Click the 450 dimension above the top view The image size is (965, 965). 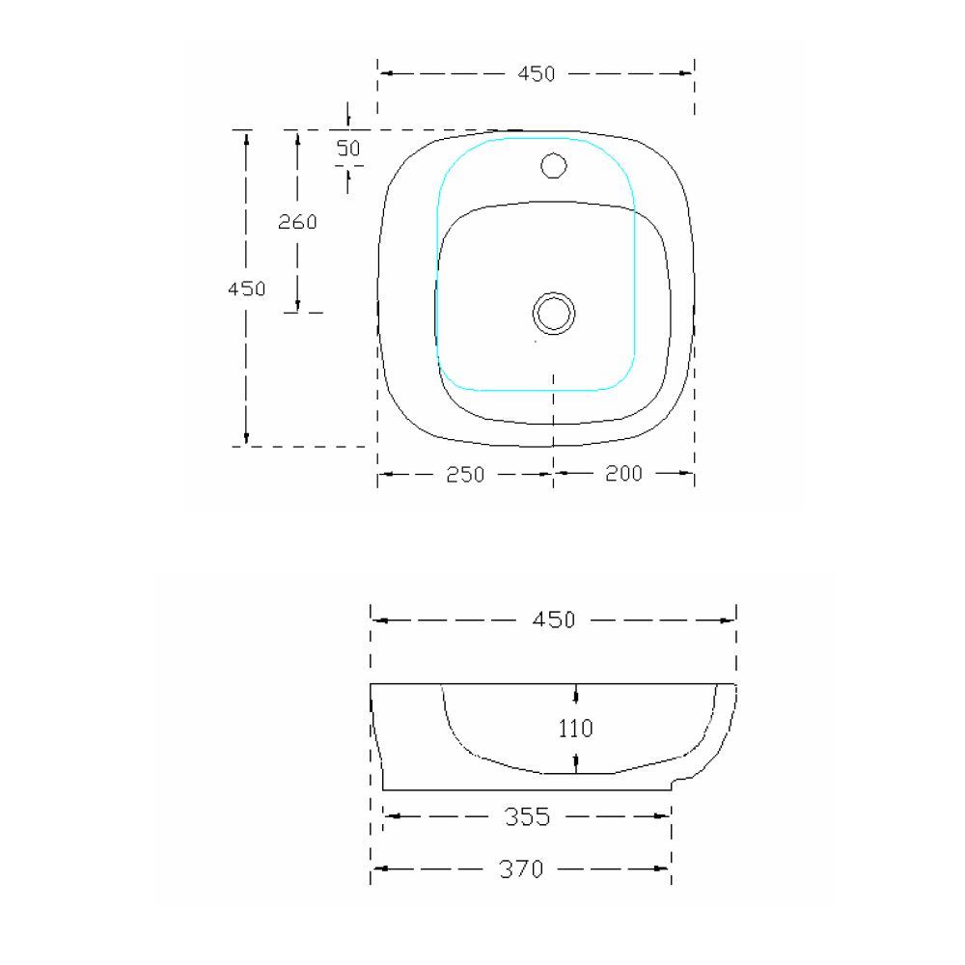click(537, 74)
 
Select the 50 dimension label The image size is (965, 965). click(348, 148)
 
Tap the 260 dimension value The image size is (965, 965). click(297, 222)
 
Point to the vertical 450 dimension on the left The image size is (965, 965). click(247, 289)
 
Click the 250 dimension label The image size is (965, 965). click(464, 474)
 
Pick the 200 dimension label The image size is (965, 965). click(623, 473)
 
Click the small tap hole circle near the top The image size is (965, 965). click(554, 166)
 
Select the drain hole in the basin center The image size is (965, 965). click(554, 313)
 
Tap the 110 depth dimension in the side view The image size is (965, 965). click(576, 729)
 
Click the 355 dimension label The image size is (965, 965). click(527, 817)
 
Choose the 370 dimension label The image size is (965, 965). click(521, 869)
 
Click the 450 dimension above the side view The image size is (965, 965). click(554, 620)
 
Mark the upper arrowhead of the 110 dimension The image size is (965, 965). click(576, 693)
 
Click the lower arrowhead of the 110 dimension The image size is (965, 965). click(576, 764)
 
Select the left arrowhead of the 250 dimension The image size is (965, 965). click(385, 474)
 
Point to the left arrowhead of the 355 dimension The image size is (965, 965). click(392, 817)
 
